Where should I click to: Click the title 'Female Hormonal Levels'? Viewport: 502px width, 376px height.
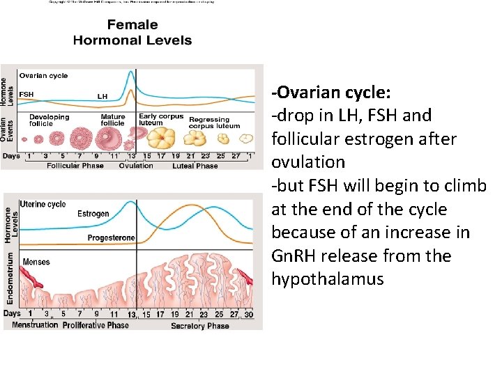(x=132, y=33)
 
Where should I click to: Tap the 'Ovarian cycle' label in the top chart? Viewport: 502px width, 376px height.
(x=43, y=75)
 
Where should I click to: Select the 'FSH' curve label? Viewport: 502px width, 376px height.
(x=26, y=94)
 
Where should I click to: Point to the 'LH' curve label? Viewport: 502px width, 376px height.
(x=102, y=96)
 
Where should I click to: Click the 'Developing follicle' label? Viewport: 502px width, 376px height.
(x=50, y=120)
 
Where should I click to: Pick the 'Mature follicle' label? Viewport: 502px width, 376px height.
(x=113, y=120)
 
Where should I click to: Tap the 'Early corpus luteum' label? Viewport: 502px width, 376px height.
(x=160, y=120)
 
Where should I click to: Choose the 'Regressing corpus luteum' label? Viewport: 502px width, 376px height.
(x=214, y=123)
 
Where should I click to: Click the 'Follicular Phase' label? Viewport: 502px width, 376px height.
(x=74, y=166)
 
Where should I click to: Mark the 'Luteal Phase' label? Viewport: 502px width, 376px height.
(x=195, y=166)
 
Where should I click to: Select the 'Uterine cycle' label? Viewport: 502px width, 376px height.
(x=43, y=204)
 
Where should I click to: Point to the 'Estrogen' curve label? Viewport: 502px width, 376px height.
(x=93, y=214)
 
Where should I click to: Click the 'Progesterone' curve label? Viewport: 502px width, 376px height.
(x=111, y=238)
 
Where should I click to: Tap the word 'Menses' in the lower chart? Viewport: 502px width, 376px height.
(x=36, y=263)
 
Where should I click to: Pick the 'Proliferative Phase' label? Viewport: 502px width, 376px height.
(x=96, y=325)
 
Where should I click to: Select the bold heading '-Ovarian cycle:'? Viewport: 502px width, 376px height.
(x=331, y=93)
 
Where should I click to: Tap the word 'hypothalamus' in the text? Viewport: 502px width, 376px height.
(x=328, y=279)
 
